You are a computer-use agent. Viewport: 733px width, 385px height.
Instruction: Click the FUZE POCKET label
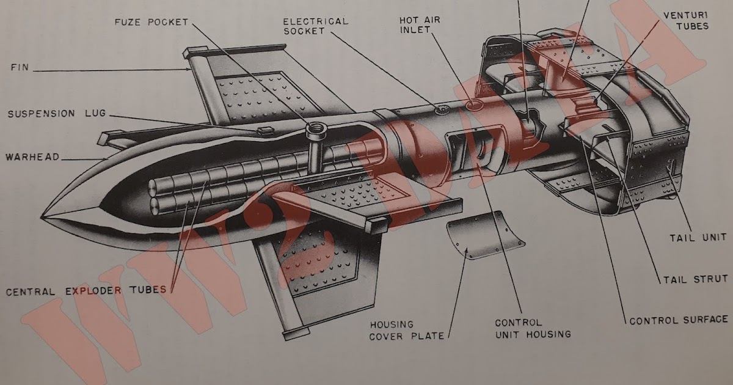click(x=151, y=23)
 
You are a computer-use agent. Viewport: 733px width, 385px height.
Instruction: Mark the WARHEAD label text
click(x=32, y=157)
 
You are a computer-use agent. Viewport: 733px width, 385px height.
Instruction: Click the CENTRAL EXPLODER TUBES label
click(x=86, y=291)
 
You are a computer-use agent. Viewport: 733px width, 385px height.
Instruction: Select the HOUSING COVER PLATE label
click(x=392, y=330)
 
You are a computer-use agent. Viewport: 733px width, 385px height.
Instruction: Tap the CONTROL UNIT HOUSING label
click(x=533, y=328)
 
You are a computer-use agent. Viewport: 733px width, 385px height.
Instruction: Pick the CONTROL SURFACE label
click(x=679, y=320)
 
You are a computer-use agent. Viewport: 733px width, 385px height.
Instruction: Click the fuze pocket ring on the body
click(x=316, y=129)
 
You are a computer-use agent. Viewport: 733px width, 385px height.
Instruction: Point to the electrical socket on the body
click(x=441, y=110)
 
